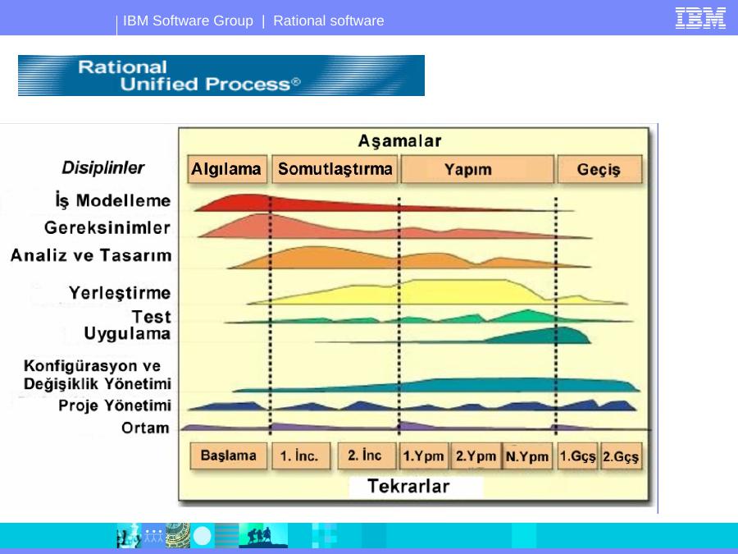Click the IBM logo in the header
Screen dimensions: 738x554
tap(700, 18)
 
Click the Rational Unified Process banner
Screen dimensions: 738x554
tap(221, 76)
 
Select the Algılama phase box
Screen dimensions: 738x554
tap(227, 168)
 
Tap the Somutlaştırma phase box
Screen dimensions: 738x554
tap(335, 168)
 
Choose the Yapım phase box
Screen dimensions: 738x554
tap(477, 168)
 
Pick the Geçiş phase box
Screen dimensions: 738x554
tap(599, 168)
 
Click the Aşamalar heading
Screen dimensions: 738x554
tap(399, 140)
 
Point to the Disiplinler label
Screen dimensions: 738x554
tap(103, 167)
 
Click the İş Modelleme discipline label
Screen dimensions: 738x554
tap(113, 200)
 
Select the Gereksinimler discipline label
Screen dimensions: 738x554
tap(107, 227)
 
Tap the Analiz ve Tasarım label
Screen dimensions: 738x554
tap(91, 255)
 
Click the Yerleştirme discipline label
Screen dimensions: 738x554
tap(120, 293)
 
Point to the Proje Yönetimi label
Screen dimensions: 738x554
tap(115, 405)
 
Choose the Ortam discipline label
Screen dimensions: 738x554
tap(145, 428)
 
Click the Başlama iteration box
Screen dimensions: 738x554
tap(228, 456)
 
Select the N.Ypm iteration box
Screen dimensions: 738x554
tap(527, 456)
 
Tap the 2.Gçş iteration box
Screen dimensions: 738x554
tap(621, 456)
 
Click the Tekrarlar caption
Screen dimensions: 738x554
tap(408, 486)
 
